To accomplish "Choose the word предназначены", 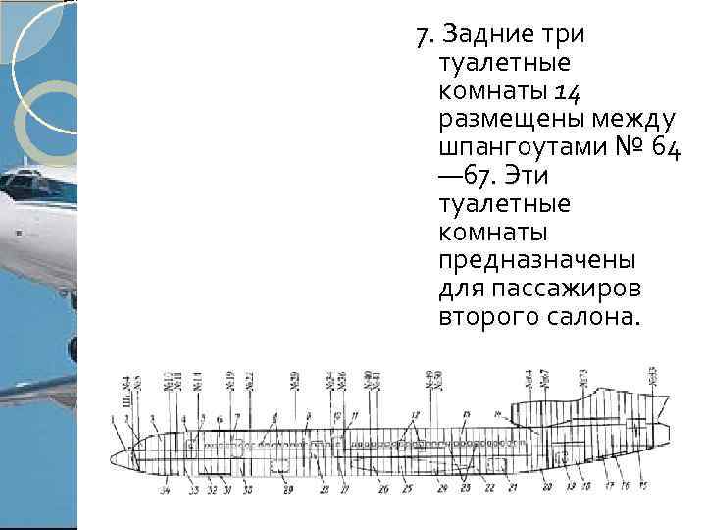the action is tap(538, 262).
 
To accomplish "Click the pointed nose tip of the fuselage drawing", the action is tap(112, 457).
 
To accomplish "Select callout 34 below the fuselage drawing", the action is tap(165, 489).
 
